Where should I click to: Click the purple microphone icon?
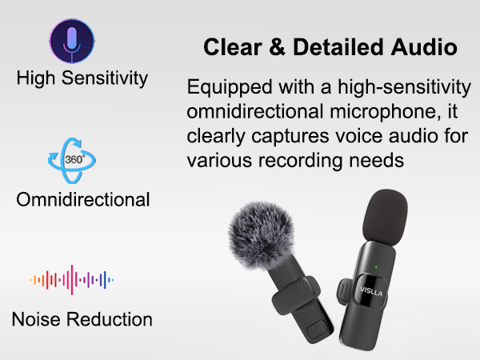[72, 39]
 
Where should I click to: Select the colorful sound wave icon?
[72, 280]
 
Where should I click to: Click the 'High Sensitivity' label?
[82, 78]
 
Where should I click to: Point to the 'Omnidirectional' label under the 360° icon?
[83, 199]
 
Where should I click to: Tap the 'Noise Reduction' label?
[82, 320]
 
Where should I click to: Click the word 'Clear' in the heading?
[229, 47]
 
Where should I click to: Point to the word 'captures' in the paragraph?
[282, 135]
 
